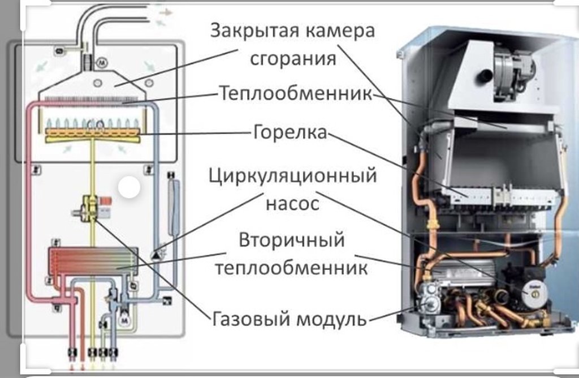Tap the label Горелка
coord(290,134)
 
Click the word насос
coord(292,202)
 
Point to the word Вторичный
coord(291,240)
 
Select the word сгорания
coord(293,58)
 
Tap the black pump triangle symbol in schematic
coord(154,254)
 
